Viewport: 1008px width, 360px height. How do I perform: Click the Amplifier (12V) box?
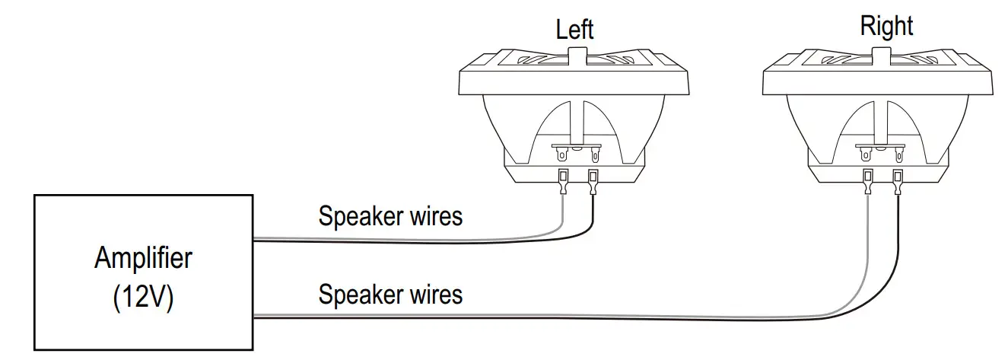click(143, 272)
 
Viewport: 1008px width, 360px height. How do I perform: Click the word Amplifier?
click(143, 259)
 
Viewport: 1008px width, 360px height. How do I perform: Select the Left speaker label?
click(574, 30)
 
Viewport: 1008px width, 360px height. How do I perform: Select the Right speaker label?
click(886, 27)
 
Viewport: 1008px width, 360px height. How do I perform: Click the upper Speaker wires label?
click(390, 216)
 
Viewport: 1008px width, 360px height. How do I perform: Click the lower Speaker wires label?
click(390, 294)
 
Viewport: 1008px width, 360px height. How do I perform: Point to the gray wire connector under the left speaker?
click(562, 182)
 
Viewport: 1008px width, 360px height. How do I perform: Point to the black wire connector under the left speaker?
click(593, 182)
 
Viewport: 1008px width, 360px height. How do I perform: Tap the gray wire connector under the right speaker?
click(866, 182)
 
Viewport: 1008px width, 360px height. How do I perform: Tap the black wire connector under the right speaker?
click(898, 182)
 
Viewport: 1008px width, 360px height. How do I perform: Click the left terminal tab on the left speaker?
click(562, 155)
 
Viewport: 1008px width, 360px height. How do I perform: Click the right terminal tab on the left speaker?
click(593, 155)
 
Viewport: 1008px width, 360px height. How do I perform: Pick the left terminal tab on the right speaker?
click(866, 155)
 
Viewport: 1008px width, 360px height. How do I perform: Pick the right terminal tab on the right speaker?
click(898, 155)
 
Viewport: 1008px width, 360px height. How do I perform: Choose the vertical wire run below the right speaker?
click(882, 251)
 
